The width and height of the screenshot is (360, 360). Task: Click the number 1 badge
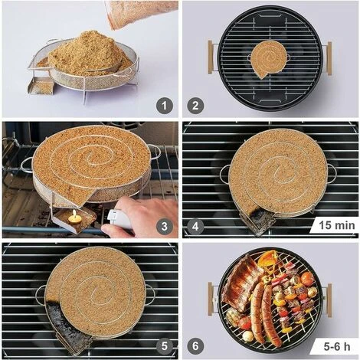click(164, 106)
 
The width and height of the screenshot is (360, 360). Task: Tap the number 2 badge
click(195, 106)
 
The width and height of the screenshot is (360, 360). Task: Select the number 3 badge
click(164, 226)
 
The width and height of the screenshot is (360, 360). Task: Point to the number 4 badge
click(195, 226)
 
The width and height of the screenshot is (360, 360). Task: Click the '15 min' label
click(334, 226)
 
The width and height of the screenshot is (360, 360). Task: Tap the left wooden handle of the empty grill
click(210, 57)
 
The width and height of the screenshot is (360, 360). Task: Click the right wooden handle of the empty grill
click(329, 58)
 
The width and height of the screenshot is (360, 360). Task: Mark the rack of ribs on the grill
click(240, 283)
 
